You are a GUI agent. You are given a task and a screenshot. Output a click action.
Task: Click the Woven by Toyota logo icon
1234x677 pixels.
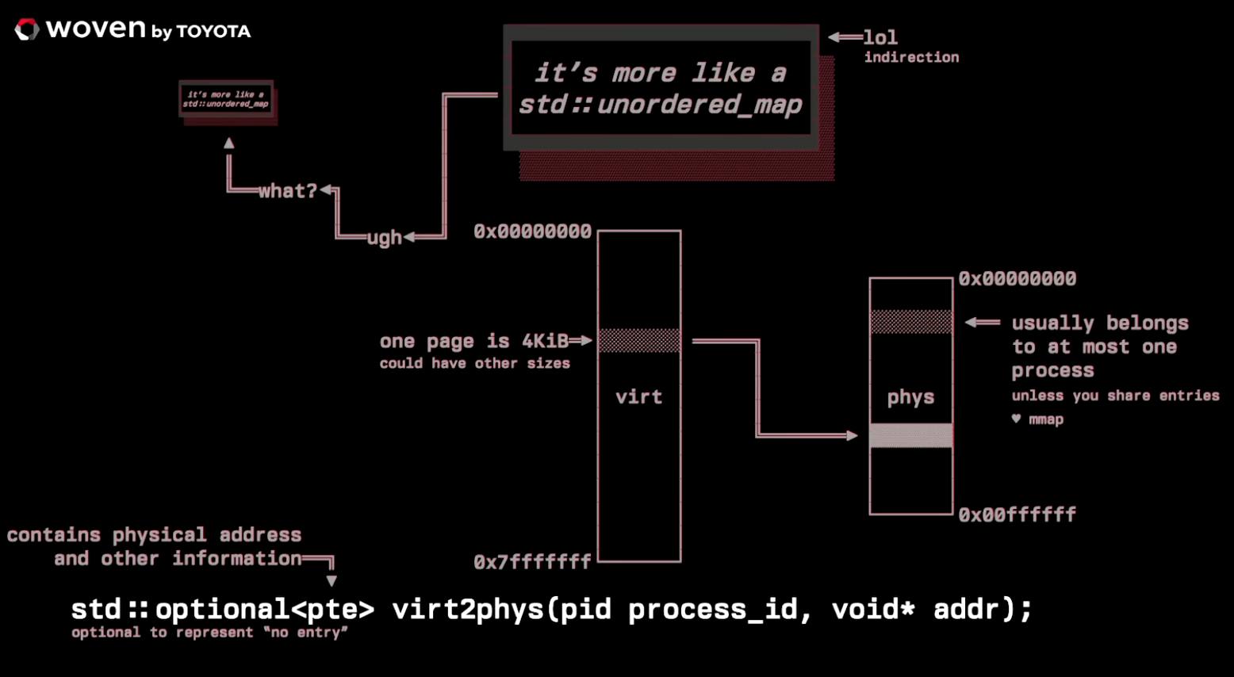(26, 30)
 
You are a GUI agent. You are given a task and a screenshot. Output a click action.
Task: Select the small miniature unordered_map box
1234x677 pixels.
(226, 99)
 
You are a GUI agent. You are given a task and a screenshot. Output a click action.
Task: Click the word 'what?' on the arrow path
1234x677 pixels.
(287, 191)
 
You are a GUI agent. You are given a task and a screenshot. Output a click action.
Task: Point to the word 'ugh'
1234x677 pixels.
(385, 237)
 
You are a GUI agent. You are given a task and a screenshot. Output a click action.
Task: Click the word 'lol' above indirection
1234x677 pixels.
(880, 37)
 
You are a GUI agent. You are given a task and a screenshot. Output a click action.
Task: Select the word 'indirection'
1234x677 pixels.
(911, 57)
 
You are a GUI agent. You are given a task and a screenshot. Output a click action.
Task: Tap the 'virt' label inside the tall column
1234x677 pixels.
(638, 396)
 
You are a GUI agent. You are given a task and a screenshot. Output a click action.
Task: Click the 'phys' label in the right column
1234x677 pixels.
(910, 396)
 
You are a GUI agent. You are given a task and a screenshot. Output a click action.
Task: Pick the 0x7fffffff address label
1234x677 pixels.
(532, 562)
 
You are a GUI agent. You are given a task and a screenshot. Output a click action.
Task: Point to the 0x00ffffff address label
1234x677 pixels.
(1017, 514)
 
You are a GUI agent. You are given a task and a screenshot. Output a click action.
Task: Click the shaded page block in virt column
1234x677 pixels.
(639, 340)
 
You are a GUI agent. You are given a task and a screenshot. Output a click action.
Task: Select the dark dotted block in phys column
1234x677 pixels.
(911, 321)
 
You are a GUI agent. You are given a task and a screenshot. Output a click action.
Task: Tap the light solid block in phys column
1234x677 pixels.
(911, 435)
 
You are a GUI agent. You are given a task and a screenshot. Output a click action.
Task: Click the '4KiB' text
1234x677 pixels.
(545, 341)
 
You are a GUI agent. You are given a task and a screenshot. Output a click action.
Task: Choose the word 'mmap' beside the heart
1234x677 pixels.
(1046, 419)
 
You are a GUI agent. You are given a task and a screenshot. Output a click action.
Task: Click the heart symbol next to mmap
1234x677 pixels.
(1016, 419)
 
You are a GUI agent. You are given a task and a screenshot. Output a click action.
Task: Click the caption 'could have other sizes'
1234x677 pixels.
(474, 363)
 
